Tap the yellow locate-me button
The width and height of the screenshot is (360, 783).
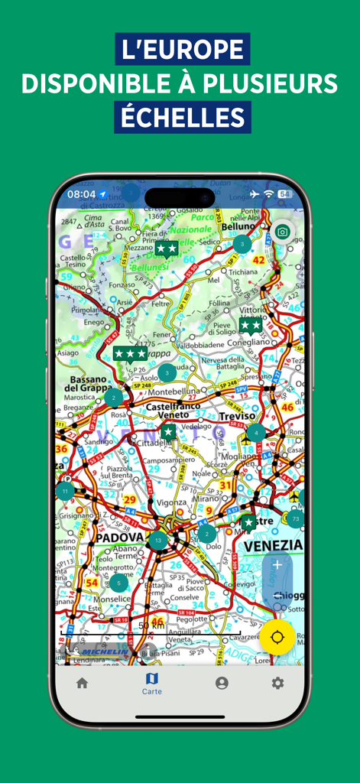pyautogui.click(x=277, y=637)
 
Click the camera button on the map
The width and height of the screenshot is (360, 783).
pyautogui.click(x=283, y=232)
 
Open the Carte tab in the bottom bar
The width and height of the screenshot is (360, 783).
pyautogui.click(x=151, y=683)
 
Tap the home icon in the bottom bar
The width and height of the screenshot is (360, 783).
pyautogui.click(x=82, y=683)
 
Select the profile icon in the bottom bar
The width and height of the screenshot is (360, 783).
pyautogui.click(x=222, y=683)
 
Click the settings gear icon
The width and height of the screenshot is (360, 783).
pyautogui.click(x=277, y=683)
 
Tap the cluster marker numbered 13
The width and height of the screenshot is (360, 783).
pyautogui.click(x=158, y=541)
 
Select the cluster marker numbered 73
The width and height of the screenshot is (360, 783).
pyautogui.click(x=295, y=519)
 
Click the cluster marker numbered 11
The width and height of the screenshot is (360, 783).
pyautogui.click(x=66, y=491)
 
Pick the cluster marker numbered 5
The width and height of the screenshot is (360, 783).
pyautogui.click(x=118, y=583)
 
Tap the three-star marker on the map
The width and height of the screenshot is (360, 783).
pyautogui.click(x=130, y=354)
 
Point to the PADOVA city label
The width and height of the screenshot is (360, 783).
pyautogui.click(x=119, y=538)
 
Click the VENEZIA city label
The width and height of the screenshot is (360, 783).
pyautogui.click(x=274, y=545)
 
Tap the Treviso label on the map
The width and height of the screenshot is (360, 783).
pyautogui.click(x=235, y=415)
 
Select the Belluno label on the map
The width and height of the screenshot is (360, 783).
pyautogui.click(x=237, y=227)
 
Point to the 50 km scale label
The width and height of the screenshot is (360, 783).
pyautogui.click(x=151, y=625)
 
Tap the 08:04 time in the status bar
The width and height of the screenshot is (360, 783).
pyautogui.click(x=81, y=194)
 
